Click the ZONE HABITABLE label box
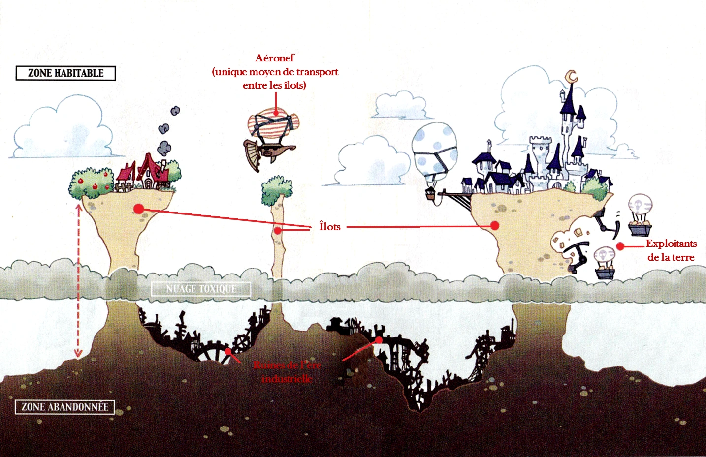(x=65, y=73)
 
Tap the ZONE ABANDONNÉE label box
(x=64, y=407)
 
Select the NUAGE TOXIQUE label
(x=201, y=289)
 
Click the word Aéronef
(x=275, y=58)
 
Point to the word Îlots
(x=330, y=226)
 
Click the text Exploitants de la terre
(x=671, y=250)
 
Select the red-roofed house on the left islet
(x=146, y=174)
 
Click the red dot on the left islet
(x=139, y=209)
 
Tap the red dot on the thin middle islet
(x=278, y=230)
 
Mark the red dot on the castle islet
(x=495, y=225)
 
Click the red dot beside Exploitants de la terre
(x=620, y=246)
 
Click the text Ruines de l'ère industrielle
(x=287, y=372)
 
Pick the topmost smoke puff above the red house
(x=175, y=111)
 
